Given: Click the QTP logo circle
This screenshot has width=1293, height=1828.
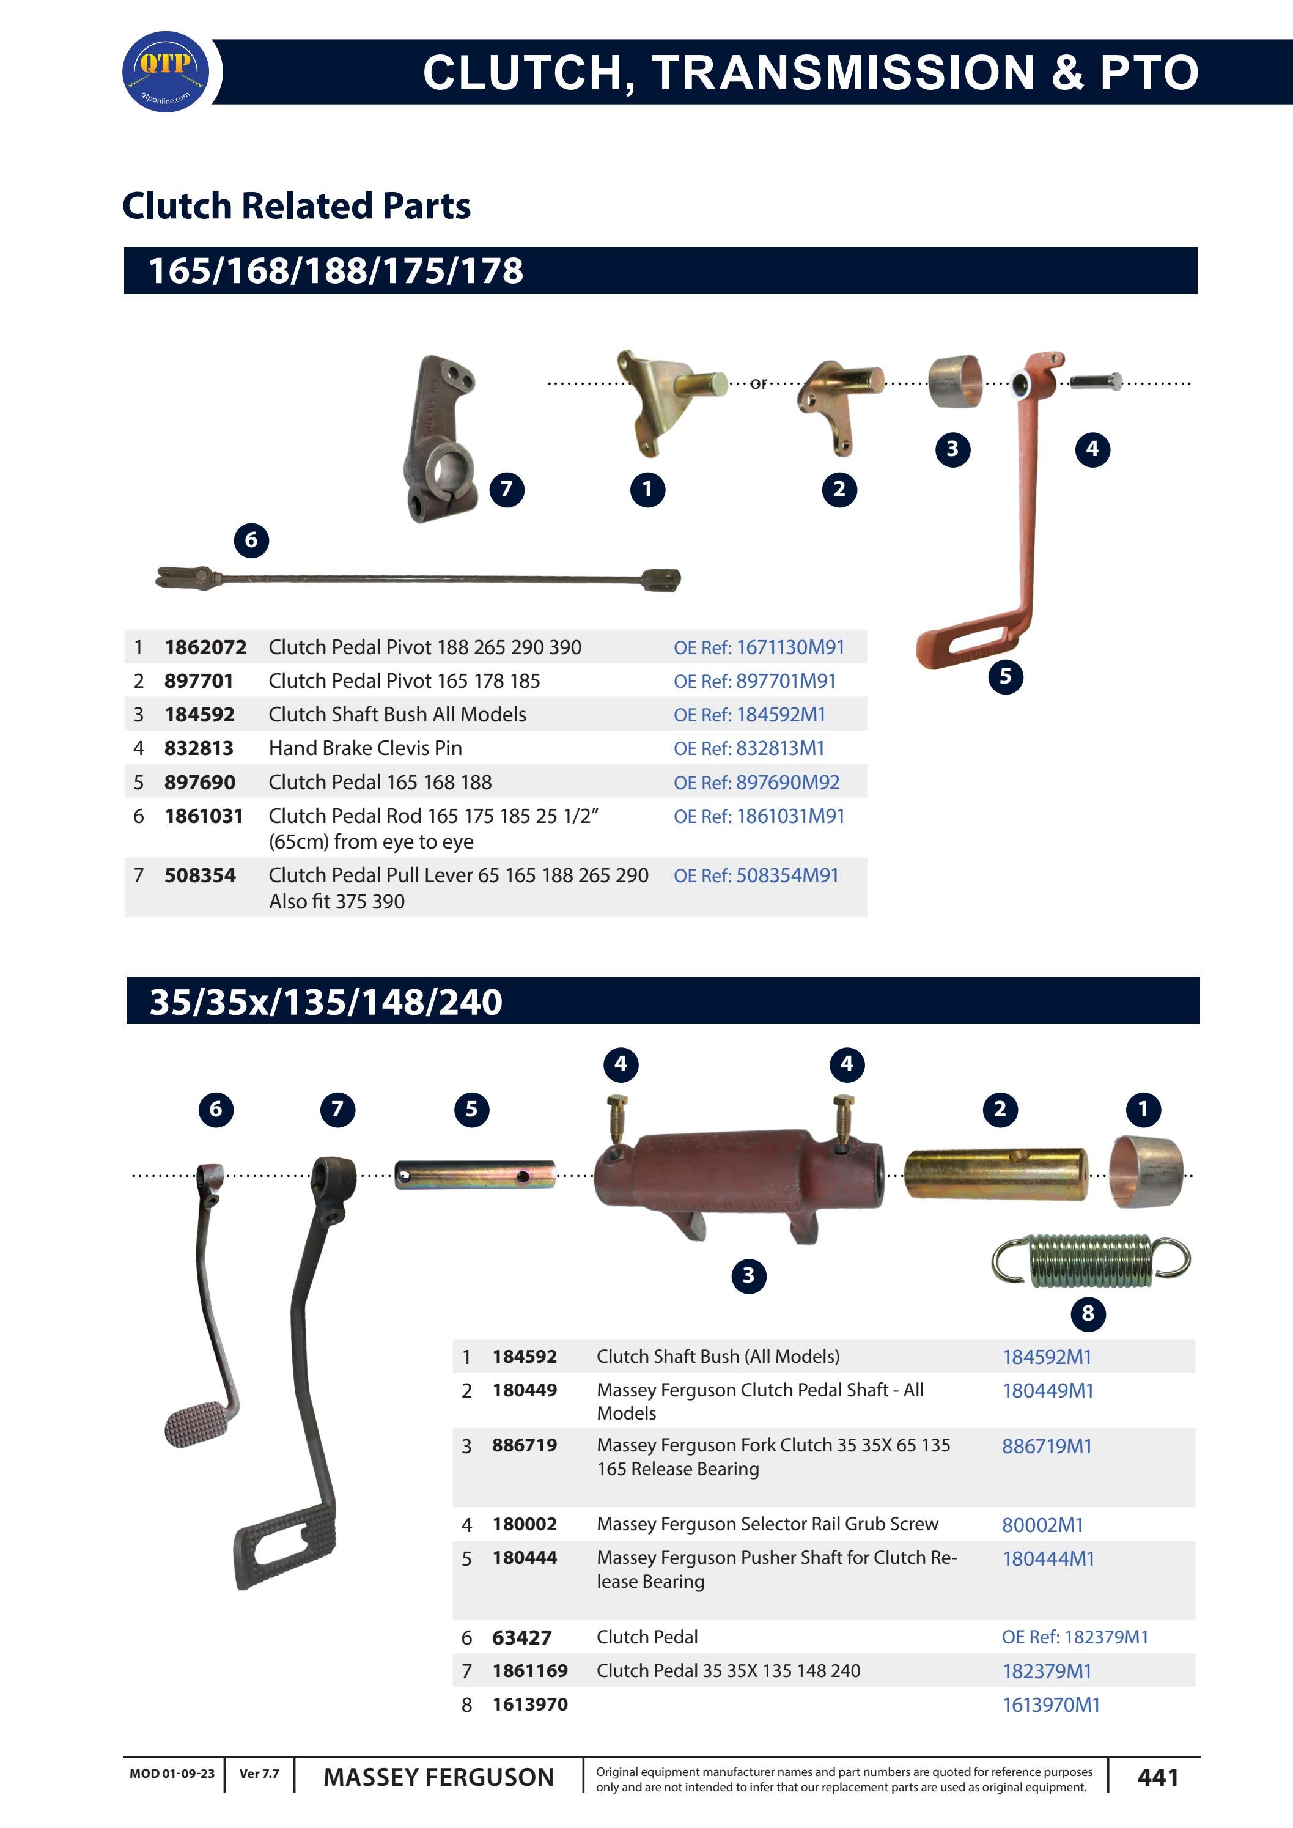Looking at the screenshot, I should coord(165,72).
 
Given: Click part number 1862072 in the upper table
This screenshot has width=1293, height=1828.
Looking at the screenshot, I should coord(205,647).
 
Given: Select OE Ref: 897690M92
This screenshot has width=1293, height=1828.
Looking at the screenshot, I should coord(756,783).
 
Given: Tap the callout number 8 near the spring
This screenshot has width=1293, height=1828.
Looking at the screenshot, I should coord(1088,1313).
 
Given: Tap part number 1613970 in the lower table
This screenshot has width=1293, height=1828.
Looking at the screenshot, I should coord(529,1705).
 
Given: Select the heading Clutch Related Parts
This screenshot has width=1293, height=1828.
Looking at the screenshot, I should coord(296,205).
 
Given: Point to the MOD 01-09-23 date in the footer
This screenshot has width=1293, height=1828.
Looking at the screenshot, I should coord(172,1774).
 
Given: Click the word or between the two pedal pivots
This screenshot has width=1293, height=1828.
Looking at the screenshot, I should coord(758,384).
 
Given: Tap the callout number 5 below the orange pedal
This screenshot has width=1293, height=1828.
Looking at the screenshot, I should coord(1005,677).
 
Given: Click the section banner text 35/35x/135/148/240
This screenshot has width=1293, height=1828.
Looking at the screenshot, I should coord(326,1001).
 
